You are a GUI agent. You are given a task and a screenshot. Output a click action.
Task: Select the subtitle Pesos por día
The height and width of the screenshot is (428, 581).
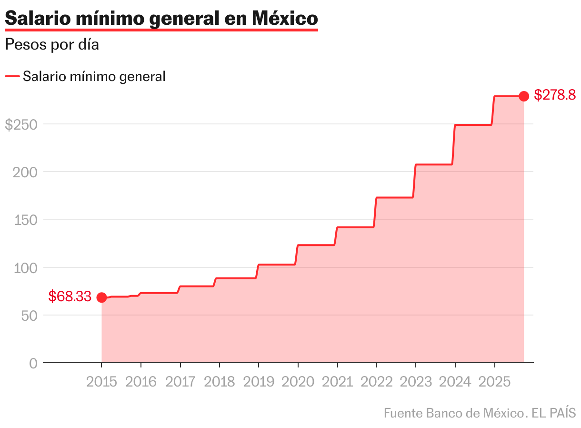coord(52,45)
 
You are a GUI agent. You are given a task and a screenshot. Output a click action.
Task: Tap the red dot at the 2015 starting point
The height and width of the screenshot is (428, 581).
coord(101,297)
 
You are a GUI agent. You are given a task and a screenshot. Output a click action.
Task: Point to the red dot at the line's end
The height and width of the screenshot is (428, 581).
coord(523,96)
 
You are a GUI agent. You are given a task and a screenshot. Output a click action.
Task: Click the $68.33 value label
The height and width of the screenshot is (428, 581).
coord(70,296)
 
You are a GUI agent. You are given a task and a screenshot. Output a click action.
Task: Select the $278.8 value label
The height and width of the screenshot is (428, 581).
coord(555,95)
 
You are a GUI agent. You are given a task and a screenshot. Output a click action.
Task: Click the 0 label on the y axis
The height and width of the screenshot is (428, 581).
coord(33,363)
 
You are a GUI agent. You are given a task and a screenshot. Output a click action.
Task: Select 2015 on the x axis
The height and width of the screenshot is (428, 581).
coord(101,382)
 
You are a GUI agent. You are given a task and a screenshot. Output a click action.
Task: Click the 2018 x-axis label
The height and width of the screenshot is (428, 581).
coord(219,382)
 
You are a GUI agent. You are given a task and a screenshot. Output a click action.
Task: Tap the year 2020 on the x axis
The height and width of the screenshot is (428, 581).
coord(298,382)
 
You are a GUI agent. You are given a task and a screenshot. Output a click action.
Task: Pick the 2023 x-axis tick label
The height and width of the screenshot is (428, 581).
coord(415,382)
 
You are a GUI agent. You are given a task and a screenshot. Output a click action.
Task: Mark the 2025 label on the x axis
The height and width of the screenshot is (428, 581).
coord(494,382)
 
